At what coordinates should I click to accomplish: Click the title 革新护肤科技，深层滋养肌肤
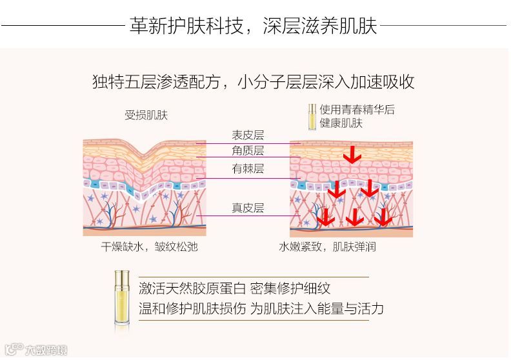[253, 26]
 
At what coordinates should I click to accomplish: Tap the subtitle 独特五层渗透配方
[159, 83]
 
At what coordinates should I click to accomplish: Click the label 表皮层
[248, 135]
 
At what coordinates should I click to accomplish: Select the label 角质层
[248, 150]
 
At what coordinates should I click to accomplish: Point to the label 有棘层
[248, 170]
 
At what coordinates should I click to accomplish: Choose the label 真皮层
[248, 208]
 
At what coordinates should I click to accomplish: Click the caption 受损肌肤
[146, 115]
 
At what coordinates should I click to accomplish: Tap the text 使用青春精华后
[357, 110]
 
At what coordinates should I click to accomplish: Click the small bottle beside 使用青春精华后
[312, 117]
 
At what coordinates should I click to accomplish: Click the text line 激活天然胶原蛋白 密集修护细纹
[239, 288]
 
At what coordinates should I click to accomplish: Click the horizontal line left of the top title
[62, 26]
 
